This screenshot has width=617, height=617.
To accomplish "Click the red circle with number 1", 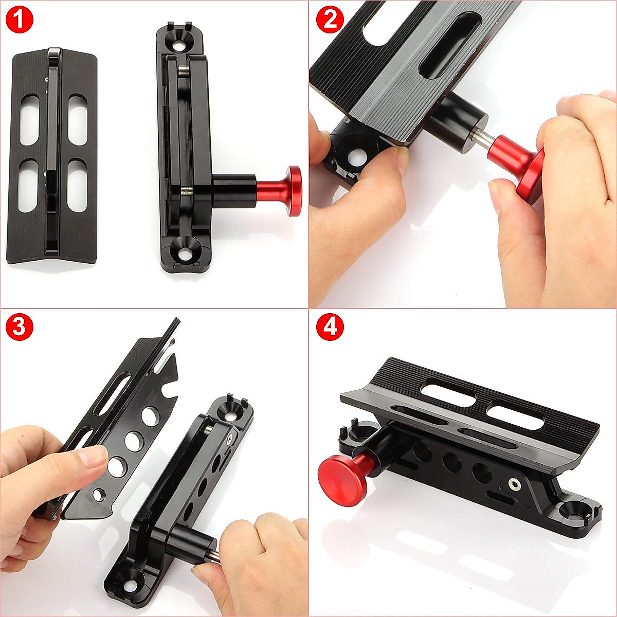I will coord(19,20).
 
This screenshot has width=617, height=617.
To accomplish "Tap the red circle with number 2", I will coord(329,20).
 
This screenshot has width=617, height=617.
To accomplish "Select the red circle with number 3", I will coord(19,327).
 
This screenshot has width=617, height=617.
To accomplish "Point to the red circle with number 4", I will coord(329,327).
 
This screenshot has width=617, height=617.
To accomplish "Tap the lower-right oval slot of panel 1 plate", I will coord(77,185).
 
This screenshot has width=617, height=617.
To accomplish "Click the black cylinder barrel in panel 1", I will coord(234,190).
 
